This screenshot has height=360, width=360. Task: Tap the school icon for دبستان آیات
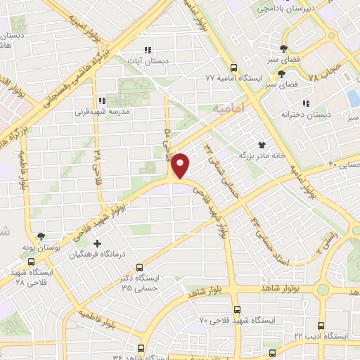pos(148,50)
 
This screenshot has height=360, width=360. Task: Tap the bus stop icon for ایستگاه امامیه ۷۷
pos(233,67)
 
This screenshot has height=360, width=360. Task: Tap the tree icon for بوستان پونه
pos(42,236)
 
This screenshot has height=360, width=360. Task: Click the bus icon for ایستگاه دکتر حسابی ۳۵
pos(140,267)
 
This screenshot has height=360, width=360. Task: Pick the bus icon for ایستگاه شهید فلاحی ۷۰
pos(236,309)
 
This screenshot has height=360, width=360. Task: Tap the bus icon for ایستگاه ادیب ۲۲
pos(320,326)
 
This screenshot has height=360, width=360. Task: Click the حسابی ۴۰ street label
pos(343,165)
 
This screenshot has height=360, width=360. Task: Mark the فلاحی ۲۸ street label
pos(98,165)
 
